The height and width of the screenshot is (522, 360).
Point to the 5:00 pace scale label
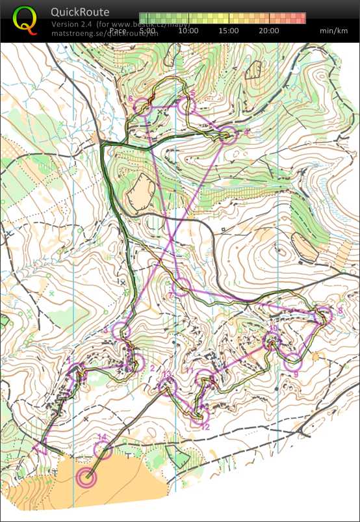148,30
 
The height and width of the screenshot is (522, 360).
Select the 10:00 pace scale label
188,30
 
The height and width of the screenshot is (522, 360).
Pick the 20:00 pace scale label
269,30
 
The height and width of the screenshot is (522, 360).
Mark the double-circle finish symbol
86,478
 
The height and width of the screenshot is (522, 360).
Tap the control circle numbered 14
103,450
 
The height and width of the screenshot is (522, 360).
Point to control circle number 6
142,109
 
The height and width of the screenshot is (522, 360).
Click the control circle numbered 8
323,316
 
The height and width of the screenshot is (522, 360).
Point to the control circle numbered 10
272,340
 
